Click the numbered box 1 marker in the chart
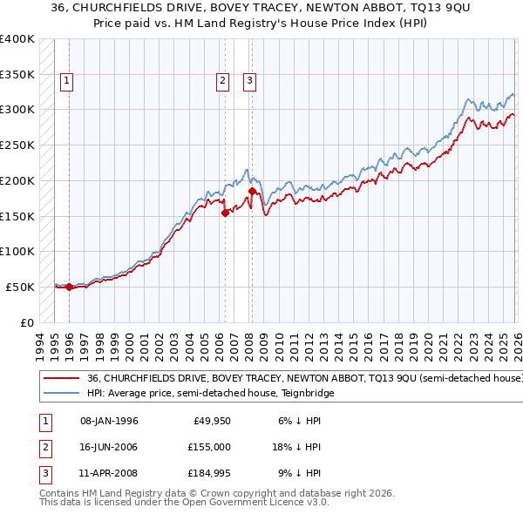[67, 82]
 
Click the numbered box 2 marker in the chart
[223, 82]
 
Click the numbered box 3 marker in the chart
[249, 82]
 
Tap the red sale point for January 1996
[69, 287]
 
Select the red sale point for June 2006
[225, 212]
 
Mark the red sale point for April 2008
[252, 191]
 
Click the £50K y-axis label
[19, 287]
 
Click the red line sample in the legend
[62, 379]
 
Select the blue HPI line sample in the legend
[62, 394]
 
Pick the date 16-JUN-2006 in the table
[109, 447]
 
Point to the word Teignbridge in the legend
[305, 394]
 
